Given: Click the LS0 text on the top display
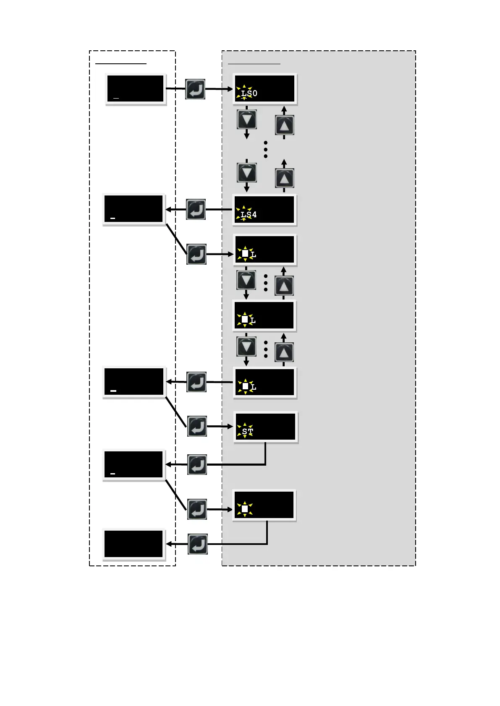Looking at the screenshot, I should pos(249,93).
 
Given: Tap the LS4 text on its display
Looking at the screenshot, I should pos(249,214).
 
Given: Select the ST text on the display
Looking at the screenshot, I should pos(247,431).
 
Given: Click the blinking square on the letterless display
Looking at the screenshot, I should pos(245,509).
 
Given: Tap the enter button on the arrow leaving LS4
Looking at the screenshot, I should pos(196,209).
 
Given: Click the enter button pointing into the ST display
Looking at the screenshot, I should pos(197,426).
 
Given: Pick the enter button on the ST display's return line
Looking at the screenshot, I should pos(197,464).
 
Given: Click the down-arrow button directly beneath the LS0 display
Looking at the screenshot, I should pos(247,120).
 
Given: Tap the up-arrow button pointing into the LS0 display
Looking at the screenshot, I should pos(284,125).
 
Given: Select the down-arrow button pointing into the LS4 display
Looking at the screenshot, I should pos(247,172).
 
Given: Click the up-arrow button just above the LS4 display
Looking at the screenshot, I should pos(284,178).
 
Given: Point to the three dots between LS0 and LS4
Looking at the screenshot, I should pos(265,149).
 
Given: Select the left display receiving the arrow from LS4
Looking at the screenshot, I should pos(134,209).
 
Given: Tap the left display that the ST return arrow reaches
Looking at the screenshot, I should pos(134,464).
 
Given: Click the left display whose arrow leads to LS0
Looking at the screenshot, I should pos(135,89).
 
